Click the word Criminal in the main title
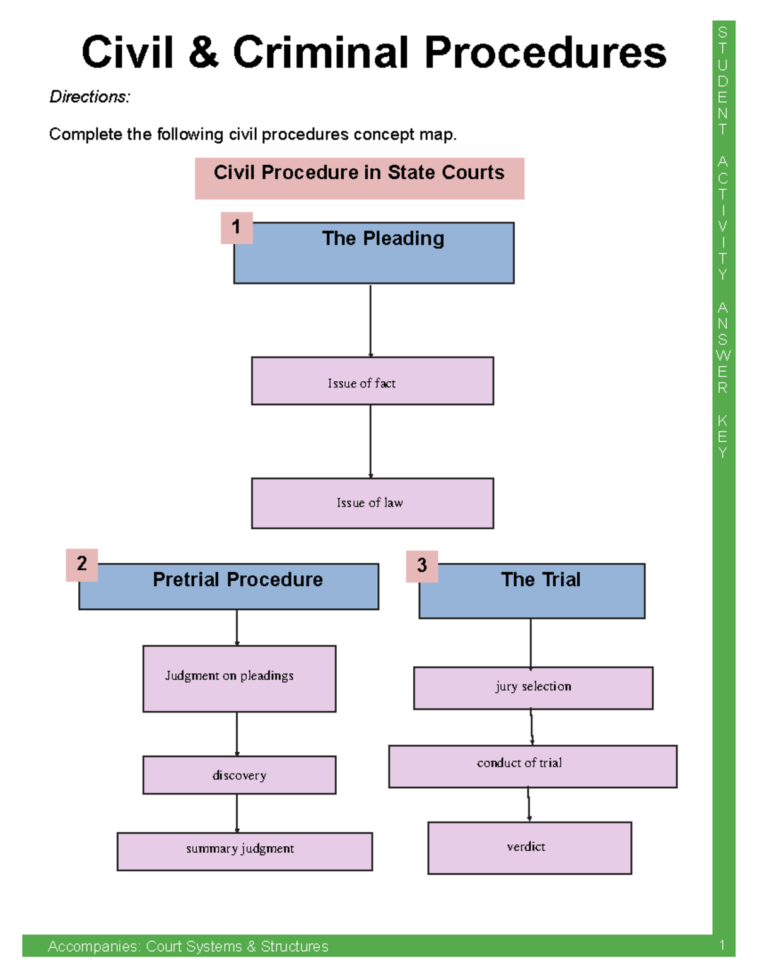[320, 52]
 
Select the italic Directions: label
[90, 97]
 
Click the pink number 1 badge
[237, 227]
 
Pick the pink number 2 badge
[81, 564]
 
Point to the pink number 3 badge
[422, 565]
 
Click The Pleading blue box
[374, 252]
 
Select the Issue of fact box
[372, 381]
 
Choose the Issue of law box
[372, 503]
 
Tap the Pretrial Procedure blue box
[229, 586]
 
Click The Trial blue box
[532, 591]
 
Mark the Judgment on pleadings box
[239, 678]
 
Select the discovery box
[239, 775]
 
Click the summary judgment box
[245, 851]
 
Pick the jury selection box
[533, 688]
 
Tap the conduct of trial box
[532, 766]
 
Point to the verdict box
[529, 847]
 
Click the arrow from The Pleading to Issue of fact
[370, 320]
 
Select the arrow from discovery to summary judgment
[237, 813]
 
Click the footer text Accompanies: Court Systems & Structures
[188, 946]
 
